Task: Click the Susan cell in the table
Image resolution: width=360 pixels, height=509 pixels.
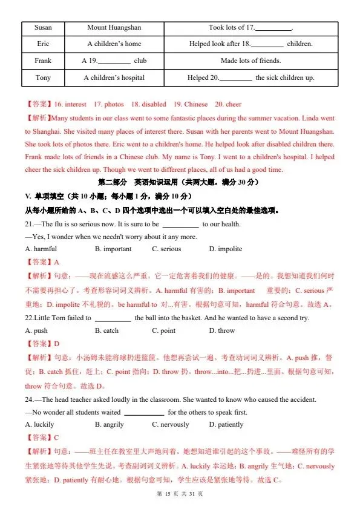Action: tap(43, 27)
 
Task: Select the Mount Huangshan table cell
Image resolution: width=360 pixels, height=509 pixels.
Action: tap(114, 27)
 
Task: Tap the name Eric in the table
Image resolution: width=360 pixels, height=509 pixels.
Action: tap(43, 44)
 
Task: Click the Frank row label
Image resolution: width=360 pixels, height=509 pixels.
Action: tap(43, 61)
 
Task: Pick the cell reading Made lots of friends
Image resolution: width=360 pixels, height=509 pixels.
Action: tap(251, 61)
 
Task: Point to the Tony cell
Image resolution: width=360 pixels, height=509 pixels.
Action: tap(43, 78)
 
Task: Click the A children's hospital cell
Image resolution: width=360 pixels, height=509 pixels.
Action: tap(114, 78)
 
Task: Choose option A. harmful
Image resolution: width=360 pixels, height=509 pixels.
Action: tap(41, 249)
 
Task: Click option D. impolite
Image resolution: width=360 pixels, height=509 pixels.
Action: tap(226, 249)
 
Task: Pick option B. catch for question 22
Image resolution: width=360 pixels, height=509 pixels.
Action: tap(107, 330)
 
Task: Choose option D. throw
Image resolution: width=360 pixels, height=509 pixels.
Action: tap(222, 330)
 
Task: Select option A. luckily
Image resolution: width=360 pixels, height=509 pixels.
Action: tap(40, 424)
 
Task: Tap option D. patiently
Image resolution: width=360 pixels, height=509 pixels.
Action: tap(226, 424)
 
